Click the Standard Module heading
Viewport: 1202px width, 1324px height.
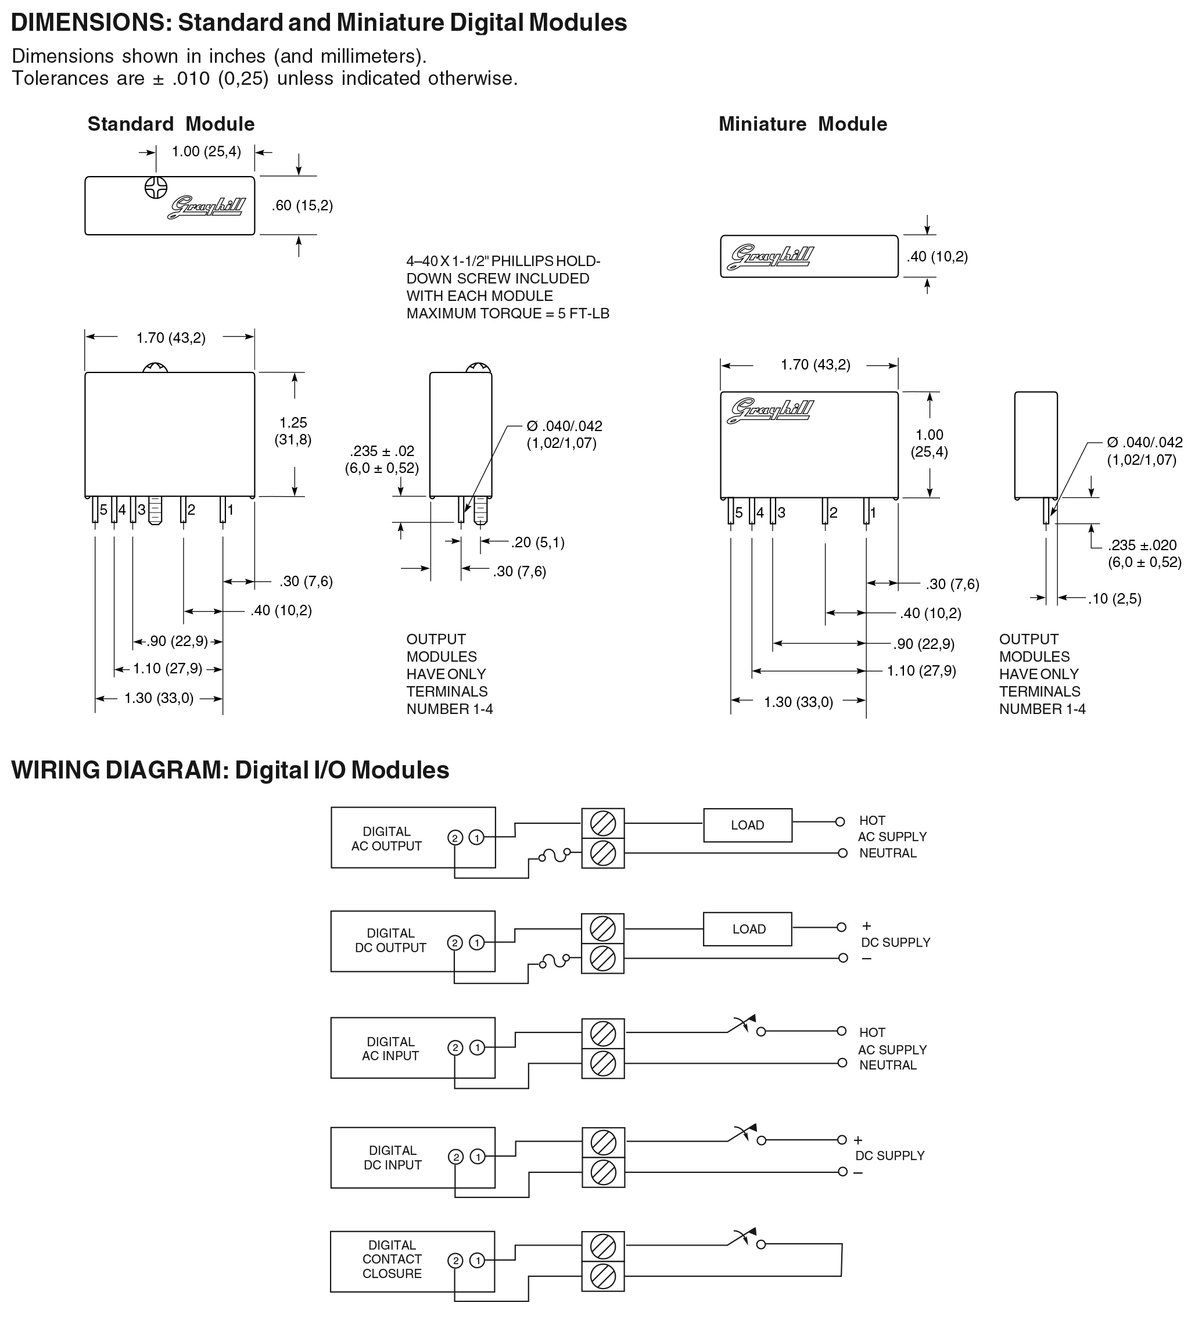171,124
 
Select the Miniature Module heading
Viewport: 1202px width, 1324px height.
803,124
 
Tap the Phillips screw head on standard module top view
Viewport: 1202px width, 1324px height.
156,187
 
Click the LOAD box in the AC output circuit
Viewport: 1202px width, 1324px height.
748,826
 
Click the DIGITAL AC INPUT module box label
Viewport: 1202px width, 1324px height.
390,1049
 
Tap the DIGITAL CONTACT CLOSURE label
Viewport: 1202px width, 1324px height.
392,1259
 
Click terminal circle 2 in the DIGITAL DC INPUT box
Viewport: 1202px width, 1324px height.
456,1157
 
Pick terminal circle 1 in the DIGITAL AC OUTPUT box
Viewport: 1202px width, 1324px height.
477,837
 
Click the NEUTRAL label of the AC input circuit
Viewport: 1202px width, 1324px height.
887,1065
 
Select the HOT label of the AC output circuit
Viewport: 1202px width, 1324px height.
872,821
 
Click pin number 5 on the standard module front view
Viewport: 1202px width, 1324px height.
103,509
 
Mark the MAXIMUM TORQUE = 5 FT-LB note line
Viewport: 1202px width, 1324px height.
508,314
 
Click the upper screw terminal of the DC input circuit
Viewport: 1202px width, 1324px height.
603,1143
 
